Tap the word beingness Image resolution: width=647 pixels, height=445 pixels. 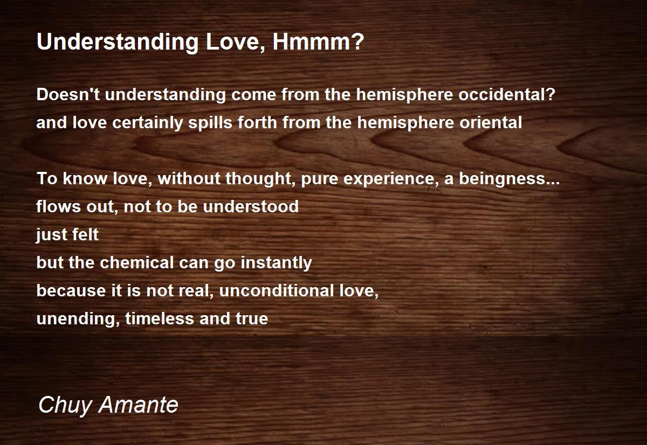tap(504, 179)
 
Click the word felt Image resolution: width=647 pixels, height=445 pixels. tap(85, 235)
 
